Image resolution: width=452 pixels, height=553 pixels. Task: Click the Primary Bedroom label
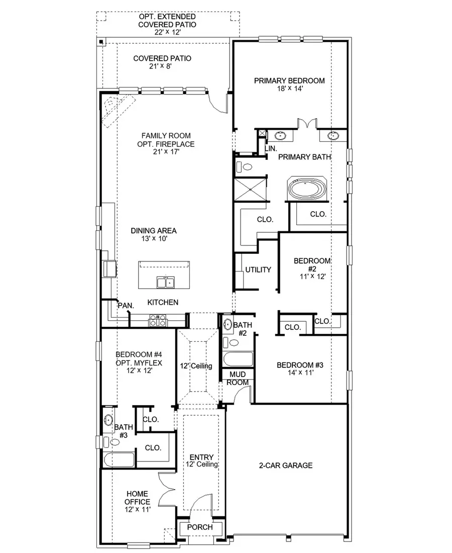(289, 80)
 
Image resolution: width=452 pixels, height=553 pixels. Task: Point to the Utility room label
(258, 270)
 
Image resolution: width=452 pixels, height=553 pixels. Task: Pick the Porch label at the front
(200, 527)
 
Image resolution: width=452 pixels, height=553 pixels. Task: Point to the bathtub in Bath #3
(119, 459)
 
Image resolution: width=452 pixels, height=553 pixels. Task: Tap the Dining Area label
(154, 231)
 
